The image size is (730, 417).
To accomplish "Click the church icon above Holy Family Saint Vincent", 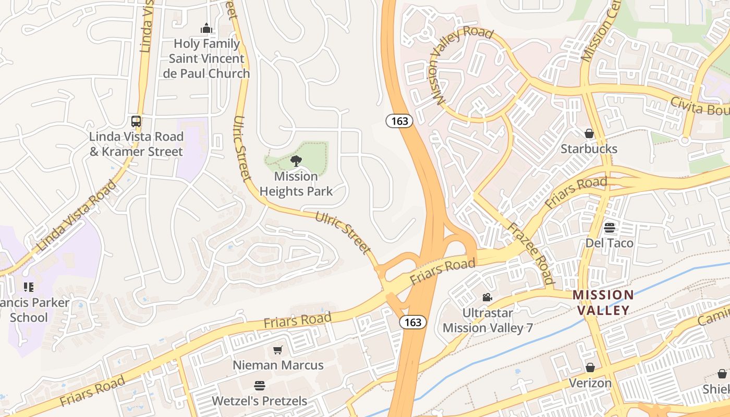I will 206,28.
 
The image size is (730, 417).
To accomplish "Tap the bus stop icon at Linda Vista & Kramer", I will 136,121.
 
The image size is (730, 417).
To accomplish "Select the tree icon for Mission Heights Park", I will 296,161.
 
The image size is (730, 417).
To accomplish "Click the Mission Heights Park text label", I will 296,184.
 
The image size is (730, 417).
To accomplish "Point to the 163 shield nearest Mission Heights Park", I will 399,121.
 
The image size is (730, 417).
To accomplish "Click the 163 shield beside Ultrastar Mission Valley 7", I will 413,322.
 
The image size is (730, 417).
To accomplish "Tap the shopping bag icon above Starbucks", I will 589,134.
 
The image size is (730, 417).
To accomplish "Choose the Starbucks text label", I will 589,149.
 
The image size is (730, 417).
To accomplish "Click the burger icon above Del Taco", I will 610,228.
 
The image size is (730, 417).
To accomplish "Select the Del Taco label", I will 610,243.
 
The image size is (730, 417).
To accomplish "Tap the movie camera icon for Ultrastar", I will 487,298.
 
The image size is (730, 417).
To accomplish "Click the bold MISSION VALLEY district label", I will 603,302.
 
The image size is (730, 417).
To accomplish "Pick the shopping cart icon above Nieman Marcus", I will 278,350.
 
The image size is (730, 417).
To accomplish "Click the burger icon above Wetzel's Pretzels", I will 260,386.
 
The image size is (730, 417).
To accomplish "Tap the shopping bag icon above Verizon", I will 590,368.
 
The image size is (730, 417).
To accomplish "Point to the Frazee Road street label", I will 531,254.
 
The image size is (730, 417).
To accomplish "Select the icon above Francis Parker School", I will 29,287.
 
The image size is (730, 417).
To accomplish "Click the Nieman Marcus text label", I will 278,365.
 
